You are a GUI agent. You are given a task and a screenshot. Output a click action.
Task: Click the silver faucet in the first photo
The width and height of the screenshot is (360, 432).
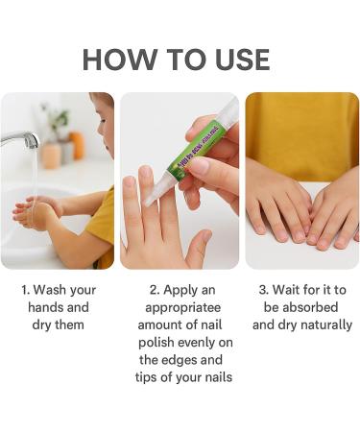pyautogui.click(x=21, y=141)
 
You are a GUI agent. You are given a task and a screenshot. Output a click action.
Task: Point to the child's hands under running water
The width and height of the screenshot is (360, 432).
pyautogui.click(x=36, y=210)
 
